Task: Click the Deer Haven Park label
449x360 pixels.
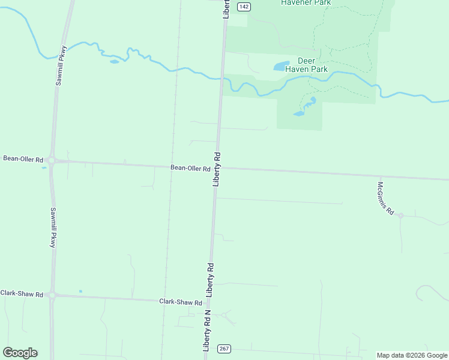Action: point(313,65)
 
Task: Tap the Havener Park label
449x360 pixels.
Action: point(306,3)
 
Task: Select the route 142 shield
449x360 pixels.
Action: point(243,7)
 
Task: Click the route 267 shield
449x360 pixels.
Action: point(224,349)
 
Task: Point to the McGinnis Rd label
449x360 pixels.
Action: point(385,198)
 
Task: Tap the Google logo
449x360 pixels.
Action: point(20,353)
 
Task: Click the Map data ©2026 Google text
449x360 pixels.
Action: point(412,355)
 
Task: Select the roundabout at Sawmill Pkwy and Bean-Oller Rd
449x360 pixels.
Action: point(52,160)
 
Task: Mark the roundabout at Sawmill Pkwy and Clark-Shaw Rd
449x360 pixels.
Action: point(52,295)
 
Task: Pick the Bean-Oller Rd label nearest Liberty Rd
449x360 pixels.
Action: point(190,169)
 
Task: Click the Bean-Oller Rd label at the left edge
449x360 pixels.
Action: point(23,159)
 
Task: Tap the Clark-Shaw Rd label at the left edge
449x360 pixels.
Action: point(22,294)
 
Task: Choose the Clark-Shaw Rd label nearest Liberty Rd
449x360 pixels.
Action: point(179,302)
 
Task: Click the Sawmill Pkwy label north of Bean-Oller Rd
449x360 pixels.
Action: point(60,65)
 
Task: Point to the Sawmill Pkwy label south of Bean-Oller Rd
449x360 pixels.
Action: point(53,228)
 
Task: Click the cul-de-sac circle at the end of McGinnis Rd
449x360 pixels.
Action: point(400,215)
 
